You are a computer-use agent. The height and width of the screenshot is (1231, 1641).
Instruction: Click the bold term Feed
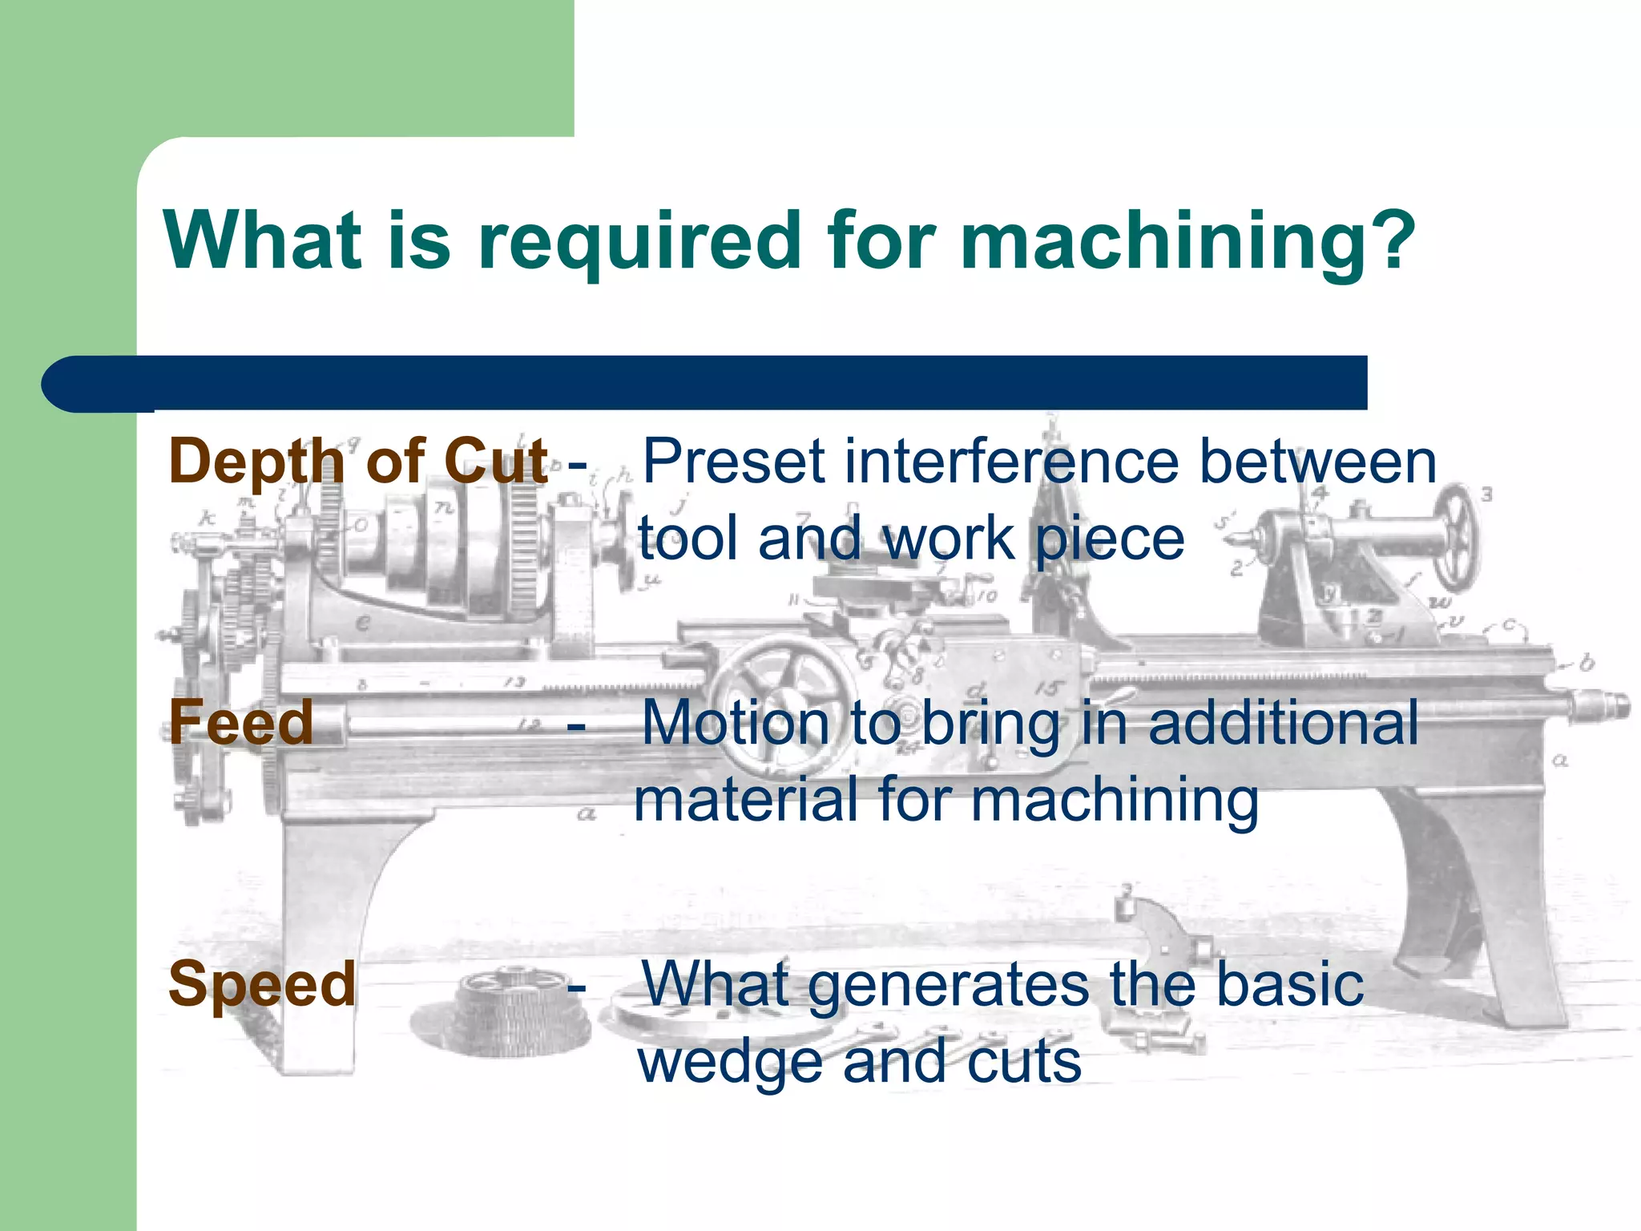click(241, 722)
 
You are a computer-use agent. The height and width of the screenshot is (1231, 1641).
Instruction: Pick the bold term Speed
click(262, 983)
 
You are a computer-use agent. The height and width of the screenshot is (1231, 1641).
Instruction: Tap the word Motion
click(736, 722)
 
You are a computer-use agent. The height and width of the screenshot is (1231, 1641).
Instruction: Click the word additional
click(1282, 722)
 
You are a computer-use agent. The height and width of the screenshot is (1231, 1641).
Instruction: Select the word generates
click(949, 986)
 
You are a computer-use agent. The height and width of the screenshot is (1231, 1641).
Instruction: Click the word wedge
click(730, 1064)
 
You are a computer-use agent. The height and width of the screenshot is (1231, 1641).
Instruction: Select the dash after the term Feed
click(575, 725)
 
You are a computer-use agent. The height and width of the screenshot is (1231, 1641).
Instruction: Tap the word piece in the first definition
click(1111, 539)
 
